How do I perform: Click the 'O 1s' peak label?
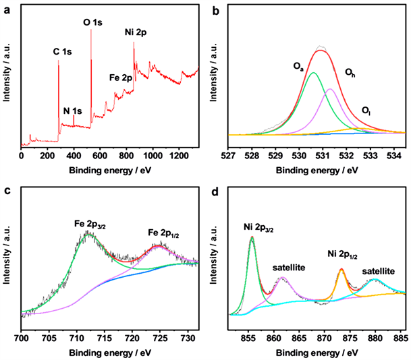[x=92, y=22]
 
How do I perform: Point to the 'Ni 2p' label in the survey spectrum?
[x=137, y=32]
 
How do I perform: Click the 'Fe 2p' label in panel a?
[x=121, y=78]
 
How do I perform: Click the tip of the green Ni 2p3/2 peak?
[x=252, y=237]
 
